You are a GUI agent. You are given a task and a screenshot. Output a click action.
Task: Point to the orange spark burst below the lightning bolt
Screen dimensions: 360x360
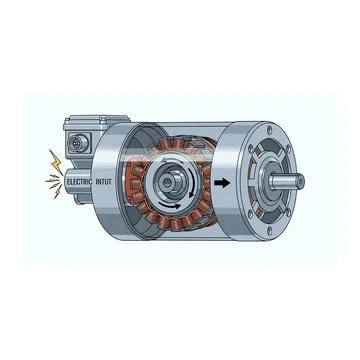coord(48,180)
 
